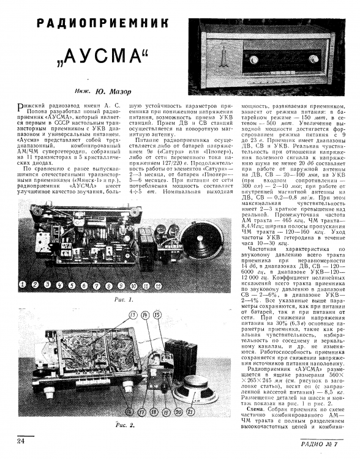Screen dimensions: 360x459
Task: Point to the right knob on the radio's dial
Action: (313, 59)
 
